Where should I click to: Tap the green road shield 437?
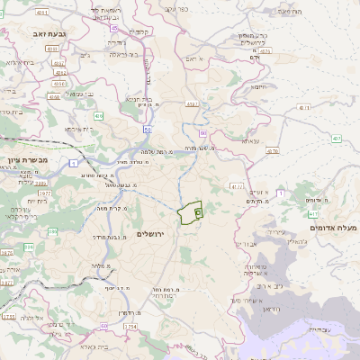[336, 139]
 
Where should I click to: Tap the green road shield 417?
[312, 214]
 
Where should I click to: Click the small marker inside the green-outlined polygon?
[197, 212]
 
